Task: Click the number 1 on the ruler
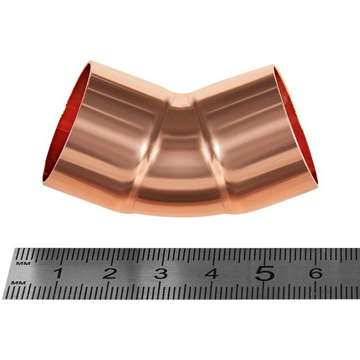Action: click(58, 274)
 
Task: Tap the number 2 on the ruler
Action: click(110, 274)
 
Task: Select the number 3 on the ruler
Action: click(161, 274)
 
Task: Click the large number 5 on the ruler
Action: click(264, 273)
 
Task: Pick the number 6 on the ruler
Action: click(315, 273)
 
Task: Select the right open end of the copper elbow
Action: click(296, 125)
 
